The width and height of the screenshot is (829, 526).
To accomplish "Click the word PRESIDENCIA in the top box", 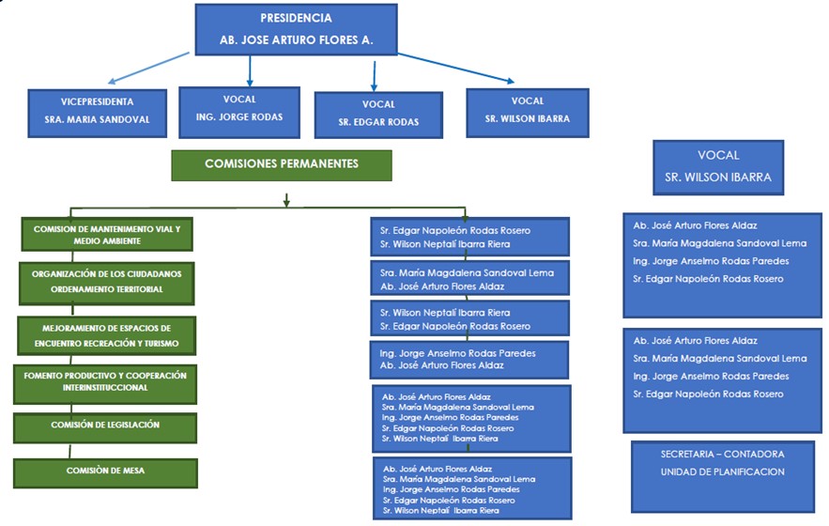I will pyautogui.click(x=296, y=18).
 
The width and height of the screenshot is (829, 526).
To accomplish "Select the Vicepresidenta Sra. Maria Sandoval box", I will pyautogui.click(x=98, y=111).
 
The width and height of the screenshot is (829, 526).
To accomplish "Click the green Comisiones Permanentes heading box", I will pyautogui.click(x=282, y=164).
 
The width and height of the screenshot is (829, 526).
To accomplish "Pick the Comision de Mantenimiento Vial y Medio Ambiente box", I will pyautogui.click(x=107, y=234).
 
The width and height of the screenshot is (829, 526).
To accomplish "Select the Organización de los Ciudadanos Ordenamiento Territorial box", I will pyautogui.click(x=107, y=282).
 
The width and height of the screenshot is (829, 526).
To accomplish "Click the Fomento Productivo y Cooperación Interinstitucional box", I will pyautogui.click(x=106, y=382).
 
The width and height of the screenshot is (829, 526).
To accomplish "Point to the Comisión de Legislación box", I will pyautogui.click(x=105, y=425).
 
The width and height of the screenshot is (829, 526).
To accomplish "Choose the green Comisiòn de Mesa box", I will pyautogui.click(x=105, y=471).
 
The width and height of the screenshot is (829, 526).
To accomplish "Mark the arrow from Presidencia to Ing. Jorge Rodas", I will pyautogui.click(x=250, y=70).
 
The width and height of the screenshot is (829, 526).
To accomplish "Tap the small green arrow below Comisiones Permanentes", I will pyautogui.click(x=285, y=198).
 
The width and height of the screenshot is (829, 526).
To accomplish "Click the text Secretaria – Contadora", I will pyautogui.click(x=722, y=455).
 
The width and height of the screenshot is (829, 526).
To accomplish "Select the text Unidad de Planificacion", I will pyautogui.click(x=722, y=472).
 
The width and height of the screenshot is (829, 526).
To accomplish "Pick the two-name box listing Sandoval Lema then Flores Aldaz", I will pyautogui.click(x=469, y=279).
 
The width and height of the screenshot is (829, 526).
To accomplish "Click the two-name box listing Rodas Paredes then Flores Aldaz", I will pyautogui.click(x=469, y=359).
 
